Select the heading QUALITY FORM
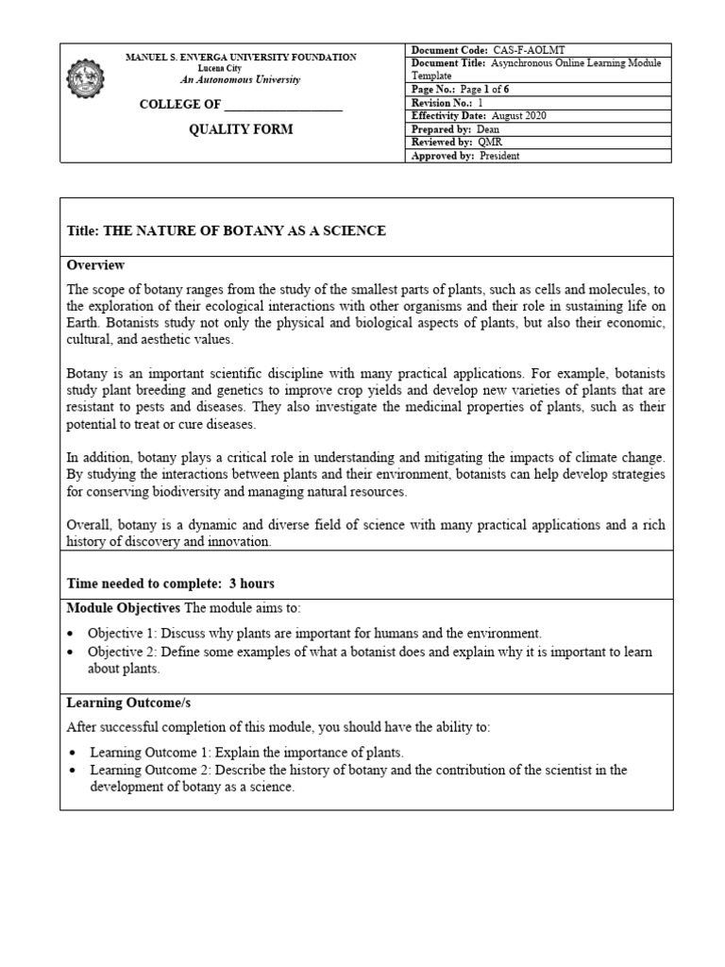[241, 129]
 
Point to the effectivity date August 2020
[518, 116]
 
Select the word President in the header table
[499, 156]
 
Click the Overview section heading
[95, 265]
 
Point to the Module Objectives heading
[123, 607]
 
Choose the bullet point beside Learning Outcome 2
[74, 771]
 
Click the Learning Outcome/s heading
[115, 704]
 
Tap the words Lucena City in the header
[241, 68]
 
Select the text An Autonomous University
[241, 79]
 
